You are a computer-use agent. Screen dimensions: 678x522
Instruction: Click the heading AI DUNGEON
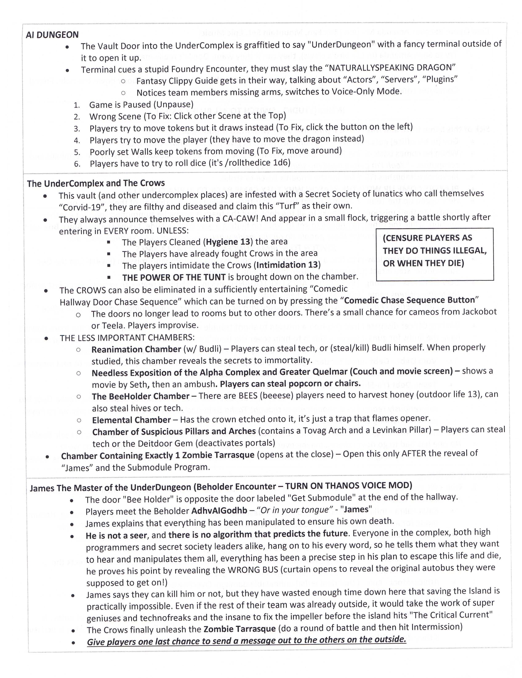click(52, 35)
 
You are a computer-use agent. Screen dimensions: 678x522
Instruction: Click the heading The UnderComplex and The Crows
click(96, 183)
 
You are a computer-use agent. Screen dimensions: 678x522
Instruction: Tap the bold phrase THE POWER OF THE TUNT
click(174, 277)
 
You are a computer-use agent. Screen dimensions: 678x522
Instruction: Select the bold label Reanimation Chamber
click(136, 349)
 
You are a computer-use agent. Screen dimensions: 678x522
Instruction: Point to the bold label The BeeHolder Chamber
click(140, 396)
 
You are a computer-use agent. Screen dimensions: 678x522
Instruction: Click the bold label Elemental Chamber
click(131, 420)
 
